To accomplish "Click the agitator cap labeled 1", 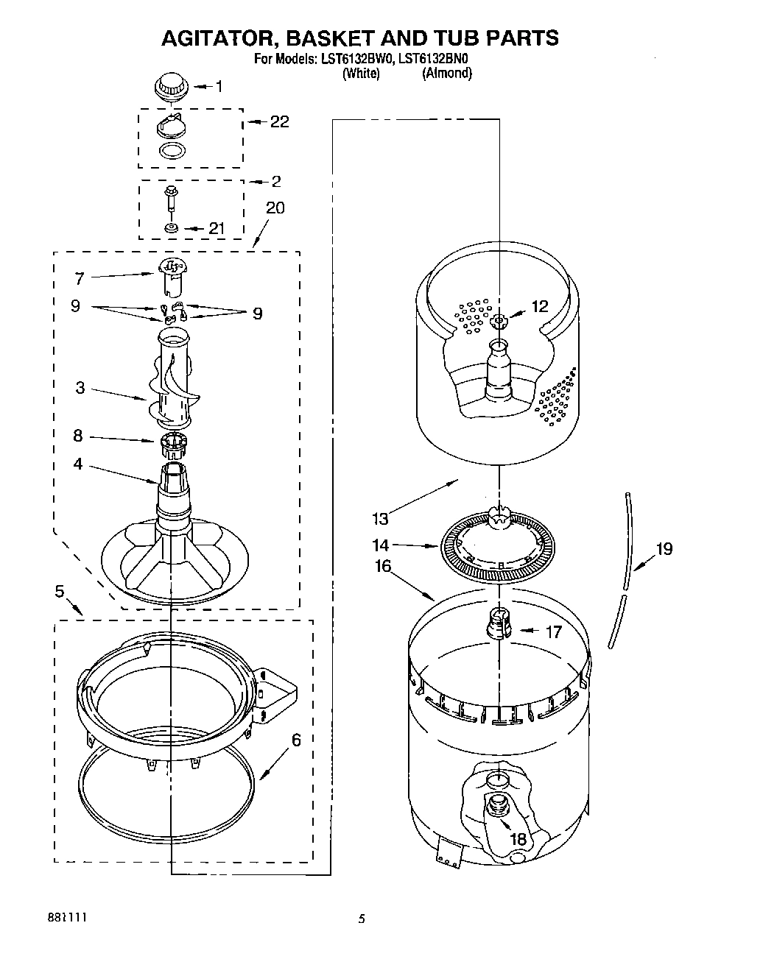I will click(x=171, y=85).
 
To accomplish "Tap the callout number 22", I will click(x=280, y=121).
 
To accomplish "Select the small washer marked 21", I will click(x=171, y=229).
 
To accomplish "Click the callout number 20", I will click(x=275, y=208).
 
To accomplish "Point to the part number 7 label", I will click(x=79, y=278).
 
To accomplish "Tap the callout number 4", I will click(x=77, y=464).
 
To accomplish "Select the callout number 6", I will click(x=296, y=740).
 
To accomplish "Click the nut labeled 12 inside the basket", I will click(x=499, y=320).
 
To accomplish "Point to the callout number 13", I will click(x=380, y=520).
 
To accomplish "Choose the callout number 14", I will click(x=380, y=545).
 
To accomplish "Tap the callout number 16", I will click(x=383, y=566).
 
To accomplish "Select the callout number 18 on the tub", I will click(x=518, y=838).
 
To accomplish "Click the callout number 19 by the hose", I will click(x=664, y=548).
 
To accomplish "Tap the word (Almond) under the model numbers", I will click(x=446, y=73).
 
